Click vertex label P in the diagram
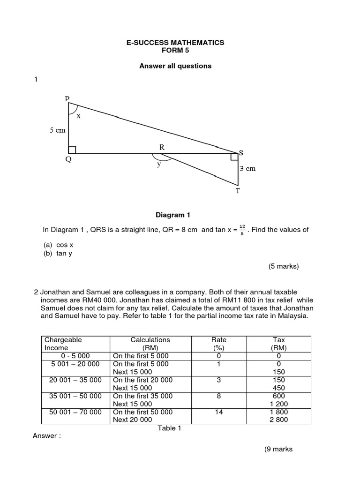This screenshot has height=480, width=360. pos(67,98)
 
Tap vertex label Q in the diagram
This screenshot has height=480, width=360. pos(68,159)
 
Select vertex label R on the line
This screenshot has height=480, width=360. pos(162,147)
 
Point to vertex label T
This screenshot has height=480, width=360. pos(237,191)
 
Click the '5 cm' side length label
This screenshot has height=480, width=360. pos(58,131)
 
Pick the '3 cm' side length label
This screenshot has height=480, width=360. pos(247,169)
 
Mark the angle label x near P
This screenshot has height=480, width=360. pos(78,116)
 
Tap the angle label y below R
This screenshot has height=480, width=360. pos(159,164)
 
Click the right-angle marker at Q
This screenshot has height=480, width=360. pos(72,150)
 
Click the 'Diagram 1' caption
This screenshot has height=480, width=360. pos(173,215)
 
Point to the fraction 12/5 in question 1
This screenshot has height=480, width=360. pos(242,230)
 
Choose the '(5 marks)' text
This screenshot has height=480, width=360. pos(283,266)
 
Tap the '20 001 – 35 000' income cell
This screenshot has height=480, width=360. pos(75,380)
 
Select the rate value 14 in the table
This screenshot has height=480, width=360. pos(219,412)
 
